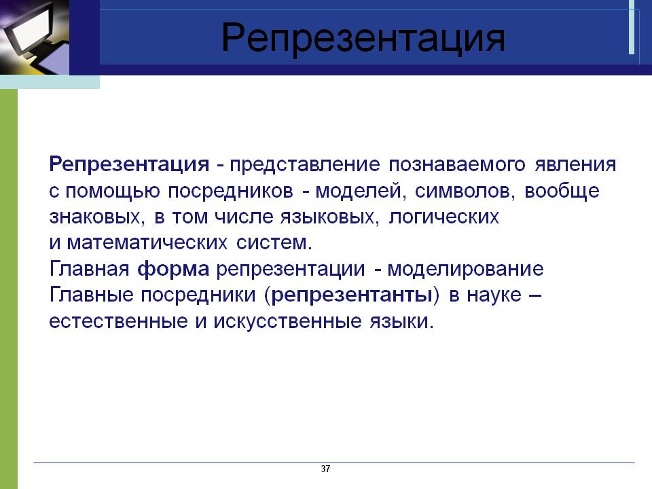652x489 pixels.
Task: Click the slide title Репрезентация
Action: coord(363,38)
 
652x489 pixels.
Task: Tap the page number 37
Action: coord(325,469)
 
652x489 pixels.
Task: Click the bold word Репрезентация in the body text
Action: coord(129,164)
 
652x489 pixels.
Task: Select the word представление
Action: coord(305,165)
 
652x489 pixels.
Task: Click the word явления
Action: coord(575,164)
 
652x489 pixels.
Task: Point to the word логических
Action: coord(443,217)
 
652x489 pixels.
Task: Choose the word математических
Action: coord(147,243)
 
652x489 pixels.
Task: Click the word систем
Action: coord(274,243)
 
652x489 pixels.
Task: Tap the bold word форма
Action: coord(173,270)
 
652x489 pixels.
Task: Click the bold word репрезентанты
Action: coord(351,295)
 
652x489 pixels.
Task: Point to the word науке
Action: coord(494,295)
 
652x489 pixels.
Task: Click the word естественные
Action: coord(118,322)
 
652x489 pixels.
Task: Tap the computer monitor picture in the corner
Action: coord(35,37)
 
